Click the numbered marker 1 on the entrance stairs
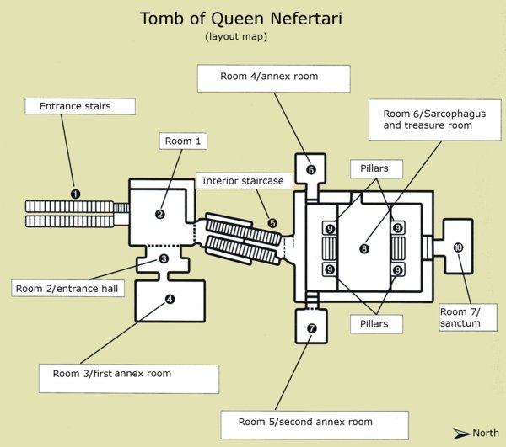click(x=75, y=193)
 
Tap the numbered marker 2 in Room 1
click(x=159, y=214)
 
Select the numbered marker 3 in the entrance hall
click(x=164, y=258)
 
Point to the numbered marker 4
click(x=170, y=298)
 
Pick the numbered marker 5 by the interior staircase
click(x=272, y=222)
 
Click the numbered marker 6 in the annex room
click(x=310, y=170)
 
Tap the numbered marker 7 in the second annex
click(x=312, y=327)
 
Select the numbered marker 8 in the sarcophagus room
click(x=364, y=248)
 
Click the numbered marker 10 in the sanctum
click(x=458, y=247)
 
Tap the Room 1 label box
click(x=183, y=141)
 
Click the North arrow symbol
click(x=460, y=433)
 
